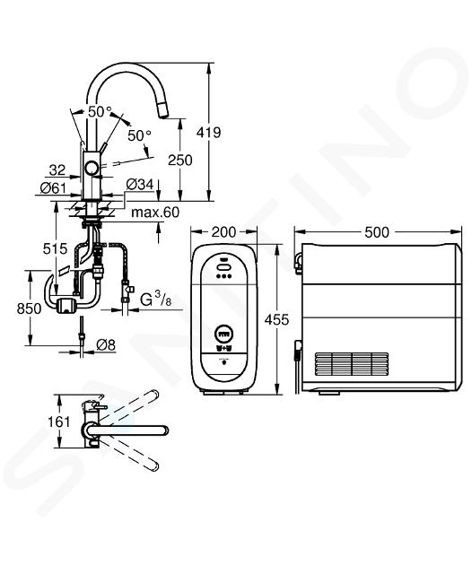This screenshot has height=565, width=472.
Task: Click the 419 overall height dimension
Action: (208, 133)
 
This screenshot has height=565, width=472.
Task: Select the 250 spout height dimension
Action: (180, 160)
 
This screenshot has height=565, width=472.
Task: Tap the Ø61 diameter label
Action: (53, 187)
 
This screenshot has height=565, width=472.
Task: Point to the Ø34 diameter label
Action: (140, 185)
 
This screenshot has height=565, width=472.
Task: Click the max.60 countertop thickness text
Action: (155, 213)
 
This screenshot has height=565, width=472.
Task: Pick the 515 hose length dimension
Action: (55, 248)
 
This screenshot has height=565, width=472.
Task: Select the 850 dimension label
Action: (30, 309)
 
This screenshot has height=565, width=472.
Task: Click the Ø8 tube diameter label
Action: (106, 345)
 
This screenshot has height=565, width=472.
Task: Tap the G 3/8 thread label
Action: (156, 300)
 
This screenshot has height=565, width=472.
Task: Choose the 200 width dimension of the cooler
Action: (223, 232)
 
